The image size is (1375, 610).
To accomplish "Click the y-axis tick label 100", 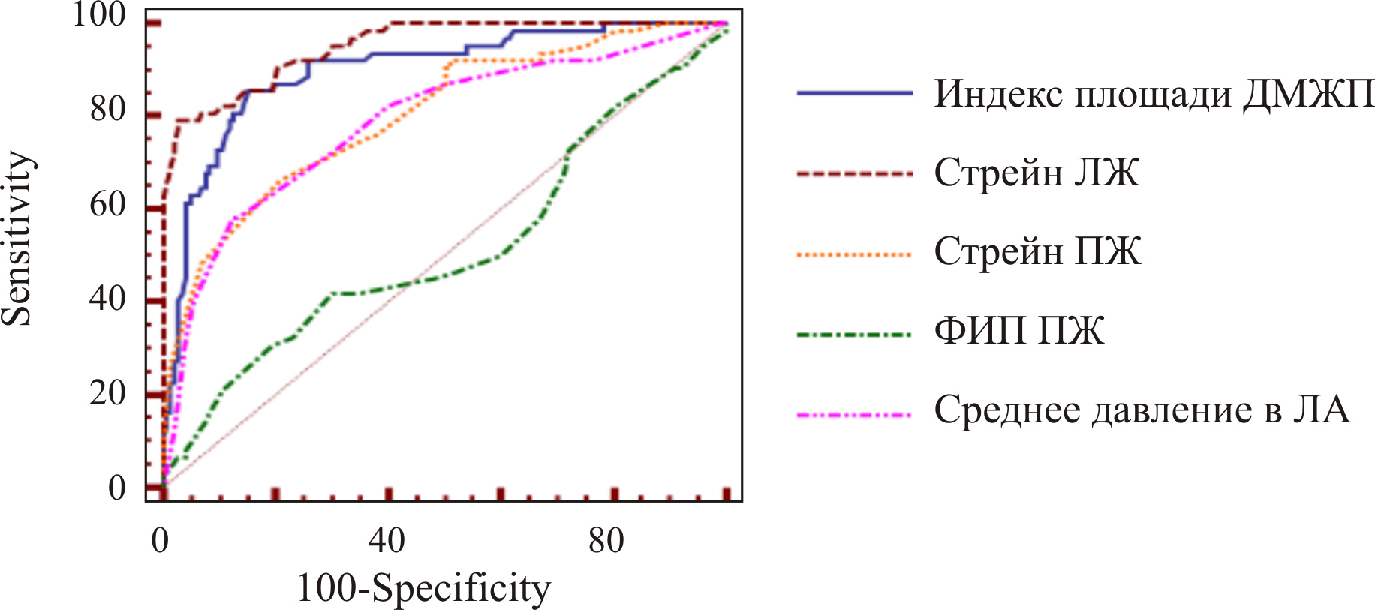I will click(98, 15).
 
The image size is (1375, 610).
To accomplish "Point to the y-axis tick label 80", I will click(107, 110).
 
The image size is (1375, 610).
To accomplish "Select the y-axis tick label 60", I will click(107, 204).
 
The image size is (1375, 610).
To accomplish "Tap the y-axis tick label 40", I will click(107, 299).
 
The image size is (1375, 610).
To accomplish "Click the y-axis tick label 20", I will click(107, 393).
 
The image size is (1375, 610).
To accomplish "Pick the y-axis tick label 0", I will click(117, 488).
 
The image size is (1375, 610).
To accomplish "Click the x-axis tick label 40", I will click(387, 540).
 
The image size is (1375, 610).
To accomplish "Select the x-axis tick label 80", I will click(606, 540).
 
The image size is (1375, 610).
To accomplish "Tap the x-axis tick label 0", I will click(160, 540).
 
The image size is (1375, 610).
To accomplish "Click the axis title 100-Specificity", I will click(423, 588).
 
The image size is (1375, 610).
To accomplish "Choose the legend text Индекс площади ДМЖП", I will click(1154, 95).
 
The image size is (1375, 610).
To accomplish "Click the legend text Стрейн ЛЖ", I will click(1037, 173).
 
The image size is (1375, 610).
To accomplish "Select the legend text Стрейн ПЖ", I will click(1037, 252).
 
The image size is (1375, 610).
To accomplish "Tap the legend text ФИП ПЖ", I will click(1018, 331).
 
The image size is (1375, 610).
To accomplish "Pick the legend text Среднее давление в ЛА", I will click(1142, 410).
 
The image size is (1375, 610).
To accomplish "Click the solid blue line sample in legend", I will click(854, 93).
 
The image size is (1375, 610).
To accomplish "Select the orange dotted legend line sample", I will click(854, 255).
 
